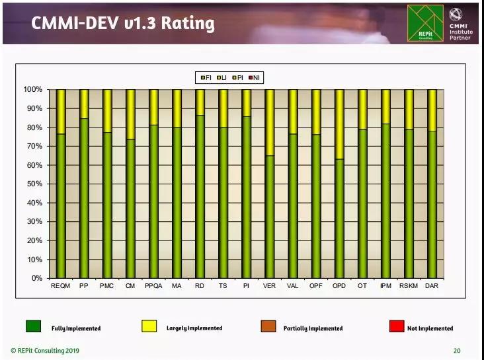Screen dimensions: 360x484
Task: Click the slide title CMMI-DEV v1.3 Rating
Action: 124,24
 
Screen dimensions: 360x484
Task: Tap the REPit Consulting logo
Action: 425,23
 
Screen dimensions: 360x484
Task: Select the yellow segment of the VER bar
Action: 269,122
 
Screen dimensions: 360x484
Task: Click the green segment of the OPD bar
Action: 339,218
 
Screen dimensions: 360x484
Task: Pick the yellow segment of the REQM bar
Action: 61,112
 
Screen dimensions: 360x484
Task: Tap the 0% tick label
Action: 36,278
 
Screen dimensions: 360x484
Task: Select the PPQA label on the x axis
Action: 153,285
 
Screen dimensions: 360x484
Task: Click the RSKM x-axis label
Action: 409,285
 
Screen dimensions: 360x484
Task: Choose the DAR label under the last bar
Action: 432,285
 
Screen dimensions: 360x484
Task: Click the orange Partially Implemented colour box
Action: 269,326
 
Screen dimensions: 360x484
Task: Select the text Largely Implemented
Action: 194,328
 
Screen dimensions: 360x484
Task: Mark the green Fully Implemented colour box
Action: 34,326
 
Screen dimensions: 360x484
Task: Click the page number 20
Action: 457,350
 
